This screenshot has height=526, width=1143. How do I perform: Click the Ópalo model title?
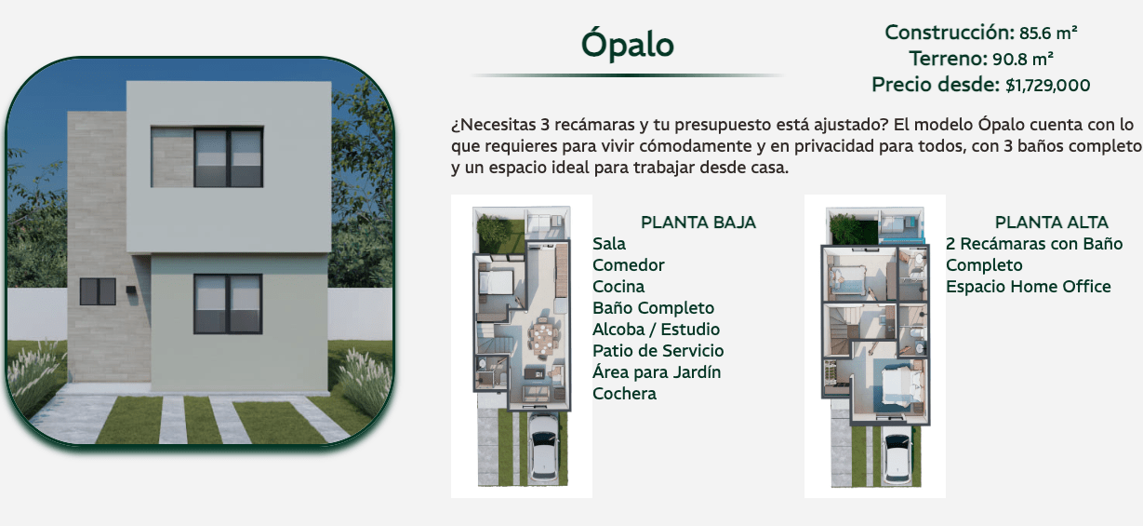point(628,44)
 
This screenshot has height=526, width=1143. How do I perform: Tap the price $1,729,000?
point(1047,86)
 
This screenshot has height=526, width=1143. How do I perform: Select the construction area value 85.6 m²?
point(1048,34)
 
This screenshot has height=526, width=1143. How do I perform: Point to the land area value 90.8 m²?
point(1023,60)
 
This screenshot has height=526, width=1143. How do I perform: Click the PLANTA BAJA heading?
point(698,223)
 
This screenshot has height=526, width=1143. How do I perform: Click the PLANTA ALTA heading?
point(1052,223)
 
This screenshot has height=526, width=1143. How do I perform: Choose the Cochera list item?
point(625,394)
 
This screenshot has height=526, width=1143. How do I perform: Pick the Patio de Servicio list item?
point(658,351)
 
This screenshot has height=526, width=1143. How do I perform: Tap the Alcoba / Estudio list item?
point(657,330)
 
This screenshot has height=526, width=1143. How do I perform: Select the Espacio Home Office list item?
point(1029,287)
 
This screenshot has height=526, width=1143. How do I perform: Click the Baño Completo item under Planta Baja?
point(654,308)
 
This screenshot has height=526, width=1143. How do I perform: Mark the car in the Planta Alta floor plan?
point(898,460)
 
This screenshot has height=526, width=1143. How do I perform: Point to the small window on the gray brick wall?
point(98,291)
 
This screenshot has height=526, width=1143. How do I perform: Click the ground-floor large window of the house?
point(228,303)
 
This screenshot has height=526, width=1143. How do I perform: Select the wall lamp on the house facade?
point(131,290)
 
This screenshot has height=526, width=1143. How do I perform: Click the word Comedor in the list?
point(629,265)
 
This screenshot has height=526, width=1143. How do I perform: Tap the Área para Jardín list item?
point(657,372)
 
